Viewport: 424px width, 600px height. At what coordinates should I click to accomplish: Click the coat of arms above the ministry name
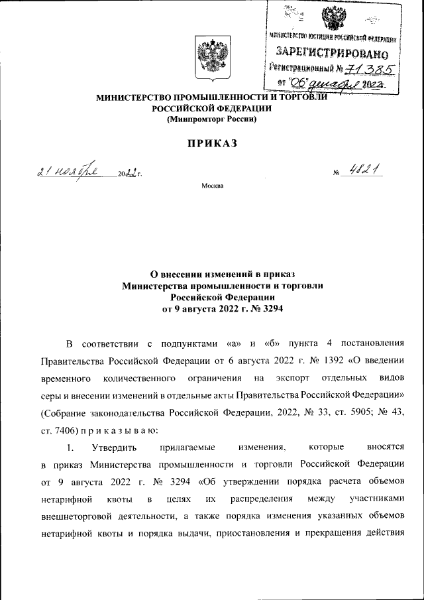click(x=211, y=58)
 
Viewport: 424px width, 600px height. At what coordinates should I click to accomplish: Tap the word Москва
click(x=213, y=186)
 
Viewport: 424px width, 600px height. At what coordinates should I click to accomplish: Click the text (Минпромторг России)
click(x=211, y=119)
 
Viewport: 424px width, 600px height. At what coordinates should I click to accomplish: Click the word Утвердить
click(x=115, y=448)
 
